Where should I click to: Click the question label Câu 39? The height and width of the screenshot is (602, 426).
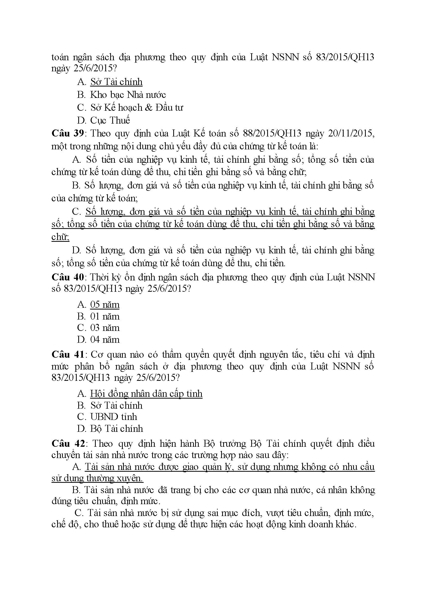tap(67, 133)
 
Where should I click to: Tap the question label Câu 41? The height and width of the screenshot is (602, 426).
tap(67, 355)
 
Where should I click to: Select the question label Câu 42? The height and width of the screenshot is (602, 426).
tap(68, 444)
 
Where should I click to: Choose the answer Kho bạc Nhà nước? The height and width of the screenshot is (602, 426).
tap(128, 95)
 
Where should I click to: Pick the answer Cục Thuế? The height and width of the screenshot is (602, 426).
tap(110, 120)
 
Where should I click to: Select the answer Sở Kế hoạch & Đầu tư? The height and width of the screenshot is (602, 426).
tap(137, 108)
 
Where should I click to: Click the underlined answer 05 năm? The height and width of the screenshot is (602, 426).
tap(105, 305)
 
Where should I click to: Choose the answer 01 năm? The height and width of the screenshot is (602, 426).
tap(105, 316)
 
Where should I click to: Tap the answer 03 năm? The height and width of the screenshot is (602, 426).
tap(105, 328)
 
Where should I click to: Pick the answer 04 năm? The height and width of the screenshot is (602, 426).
tap(105, 340)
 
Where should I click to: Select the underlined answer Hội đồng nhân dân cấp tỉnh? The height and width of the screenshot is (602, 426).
tap(146, 394)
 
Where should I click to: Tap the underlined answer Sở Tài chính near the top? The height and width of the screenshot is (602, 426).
tap(116, 82)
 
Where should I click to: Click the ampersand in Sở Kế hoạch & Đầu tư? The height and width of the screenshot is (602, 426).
tap(149, 108)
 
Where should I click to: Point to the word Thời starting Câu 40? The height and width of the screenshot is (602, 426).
tap(99, 277)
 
